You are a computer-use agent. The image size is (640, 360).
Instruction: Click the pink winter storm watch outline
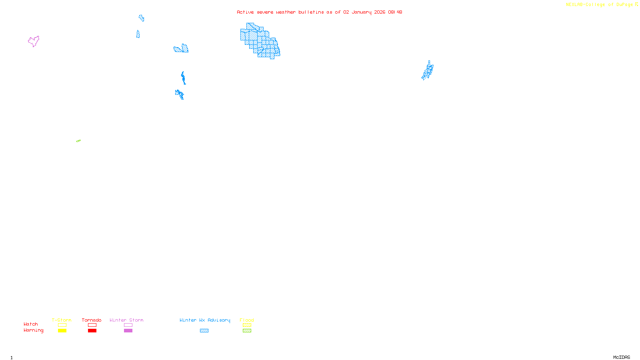34,41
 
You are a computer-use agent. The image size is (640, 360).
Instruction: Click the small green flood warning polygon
78,141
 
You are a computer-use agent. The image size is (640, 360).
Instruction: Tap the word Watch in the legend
31,324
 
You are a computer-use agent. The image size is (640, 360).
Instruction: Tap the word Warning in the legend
34,330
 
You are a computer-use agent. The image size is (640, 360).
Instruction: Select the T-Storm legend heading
62,320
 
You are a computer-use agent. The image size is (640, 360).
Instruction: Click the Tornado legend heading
92,320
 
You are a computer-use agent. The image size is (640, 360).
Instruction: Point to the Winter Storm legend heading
126,320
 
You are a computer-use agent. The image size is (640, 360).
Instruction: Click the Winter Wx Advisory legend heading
205,320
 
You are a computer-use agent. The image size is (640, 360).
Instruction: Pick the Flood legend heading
247,320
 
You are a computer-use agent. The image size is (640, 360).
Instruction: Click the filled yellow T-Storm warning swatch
62,331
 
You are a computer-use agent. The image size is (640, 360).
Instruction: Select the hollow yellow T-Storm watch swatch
62,325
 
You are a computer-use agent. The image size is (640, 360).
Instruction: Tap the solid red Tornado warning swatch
92,331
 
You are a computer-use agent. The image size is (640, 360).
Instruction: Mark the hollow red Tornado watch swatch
92,325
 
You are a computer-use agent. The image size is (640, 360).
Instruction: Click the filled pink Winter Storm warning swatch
128,331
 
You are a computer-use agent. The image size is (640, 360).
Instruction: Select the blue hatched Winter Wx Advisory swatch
204,331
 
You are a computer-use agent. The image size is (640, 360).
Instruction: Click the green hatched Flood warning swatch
247,331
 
